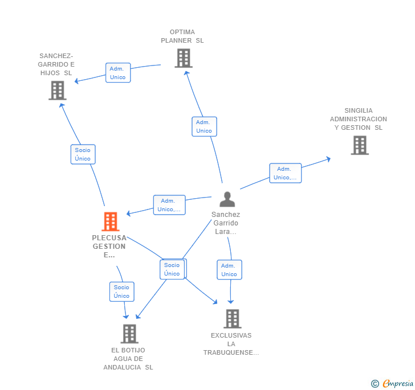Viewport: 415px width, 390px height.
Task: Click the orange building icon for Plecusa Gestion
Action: [x=111, y=221]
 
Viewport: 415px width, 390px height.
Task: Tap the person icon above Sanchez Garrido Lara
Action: [x=227, y=199]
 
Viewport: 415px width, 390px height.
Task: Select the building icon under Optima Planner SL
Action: [x=184, y=58]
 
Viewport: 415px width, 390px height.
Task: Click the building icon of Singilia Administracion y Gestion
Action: [x=360, y=145]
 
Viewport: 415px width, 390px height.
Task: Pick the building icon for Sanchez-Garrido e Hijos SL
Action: [x=58, y=91]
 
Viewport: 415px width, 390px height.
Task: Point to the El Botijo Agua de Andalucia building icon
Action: [x=129, y=334]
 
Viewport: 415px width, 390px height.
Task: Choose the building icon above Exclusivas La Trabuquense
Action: [x=233, y=319]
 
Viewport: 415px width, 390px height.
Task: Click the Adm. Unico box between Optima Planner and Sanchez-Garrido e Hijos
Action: [x=118, y=73]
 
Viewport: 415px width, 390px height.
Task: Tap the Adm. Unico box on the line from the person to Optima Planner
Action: [x=204, y=126]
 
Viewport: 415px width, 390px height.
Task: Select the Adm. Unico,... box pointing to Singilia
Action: [x=285, y=173]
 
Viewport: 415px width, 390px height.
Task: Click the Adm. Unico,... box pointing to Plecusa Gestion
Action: [x=169, y=205]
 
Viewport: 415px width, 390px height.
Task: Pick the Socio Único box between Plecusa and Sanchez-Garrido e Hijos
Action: [x=83, y=154]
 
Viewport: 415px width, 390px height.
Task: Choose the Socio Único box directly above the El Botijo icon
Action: [x=122, y=292]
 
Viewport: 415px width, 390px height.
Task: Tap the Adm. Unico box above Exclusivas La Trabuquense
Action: [x=230, y=270]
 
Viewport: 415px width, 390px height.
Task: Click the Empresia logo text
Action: [x=398, y=383]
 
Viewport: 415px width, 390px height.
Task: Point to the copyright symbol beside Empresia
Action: [x=375, y=384]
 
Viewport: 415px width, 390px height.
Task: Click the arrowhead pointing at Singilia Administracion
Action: [x=328, y=159]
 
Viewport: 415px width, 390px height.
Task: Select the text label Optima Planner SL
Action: [x=182, y=36]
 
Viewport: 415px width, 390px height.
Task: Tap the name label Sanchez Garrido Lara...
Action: [x=226, y=223]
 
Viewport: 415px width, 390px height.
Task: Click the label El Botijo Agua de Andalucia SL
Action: [x=128, y=359]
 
